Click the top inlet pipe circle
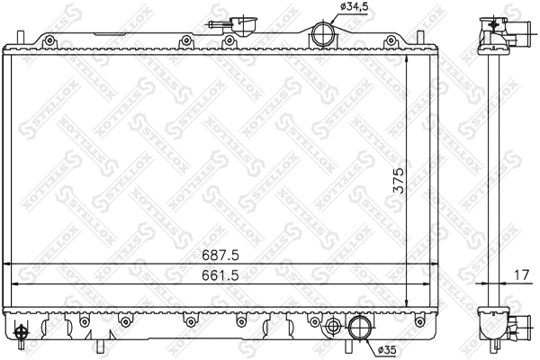322,37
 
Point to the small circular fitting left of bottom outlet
333,325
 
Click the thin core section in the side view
492,180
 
